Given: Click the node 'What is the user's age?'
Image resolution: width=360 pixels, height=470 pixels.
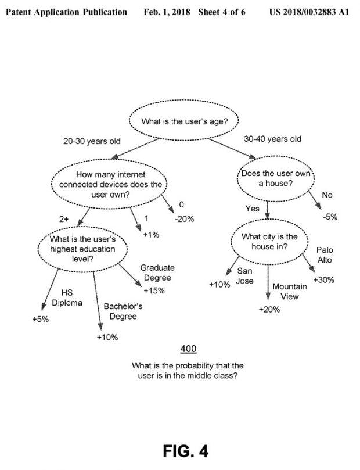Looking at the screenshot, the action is [184, 121].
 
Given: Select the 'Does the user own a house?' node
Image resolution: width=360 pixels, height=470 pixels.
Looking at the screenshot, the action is [276, 178].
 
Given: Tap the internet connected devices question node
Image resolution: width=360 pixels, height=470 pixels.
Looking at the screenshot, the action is [109, 184].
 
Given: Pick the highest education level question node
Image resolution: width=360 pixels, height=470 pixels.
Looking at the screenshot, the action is [82, 249].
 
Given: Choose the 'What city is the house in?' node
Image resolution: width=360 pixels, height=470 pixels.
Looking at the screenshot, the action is [269, 242].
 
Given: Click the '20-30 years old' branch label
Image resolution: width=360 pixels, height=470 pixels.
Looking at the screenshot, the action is [92, 141].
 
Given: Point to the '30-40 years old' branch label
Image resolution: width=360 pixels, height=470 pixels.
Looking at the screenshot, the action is [272, 139].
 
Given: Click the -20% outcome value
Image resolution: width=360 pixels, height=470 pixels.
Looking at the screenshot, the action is [184, 219].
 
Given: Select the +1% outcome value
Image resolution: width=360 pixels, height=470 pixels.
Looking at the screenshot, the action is [151, 235].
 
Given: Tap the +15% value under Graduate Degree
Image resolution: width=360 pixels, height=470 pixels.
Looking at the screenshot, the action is [154, 290].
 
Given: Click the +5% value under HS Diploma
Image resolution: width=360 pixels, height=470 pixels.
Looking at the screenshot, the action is [41, 319].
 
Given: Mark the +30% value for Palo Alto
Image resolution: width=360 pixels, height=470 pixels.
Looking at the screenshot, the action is [324, 280].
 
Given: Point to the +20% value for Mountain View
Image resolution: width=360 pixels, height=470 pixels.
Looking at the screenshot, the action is [269, 309].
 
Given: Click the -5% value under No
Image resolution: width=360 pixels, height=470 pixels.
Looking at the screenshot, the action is [330, 217].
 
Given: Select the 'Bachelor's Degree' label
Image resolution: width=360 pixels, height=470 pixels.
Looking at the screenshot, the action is [123, 311].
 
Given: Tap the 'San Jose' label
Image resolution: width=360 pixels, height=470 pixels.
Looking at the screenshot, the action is [245, 276].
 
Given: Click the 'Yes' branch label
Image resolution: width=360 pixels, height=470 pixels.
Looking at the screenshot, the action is [252, 209].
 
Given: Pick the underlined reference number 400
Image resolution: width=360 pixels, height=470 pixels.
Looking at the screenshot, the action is [188, 349].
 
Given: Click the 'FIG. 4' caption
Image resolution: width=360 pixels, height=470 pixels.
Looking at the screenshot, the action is [186, 451].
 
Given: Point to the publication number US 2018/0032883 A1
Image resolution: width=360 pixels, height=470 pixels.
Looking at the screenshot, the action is [309, 12].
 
